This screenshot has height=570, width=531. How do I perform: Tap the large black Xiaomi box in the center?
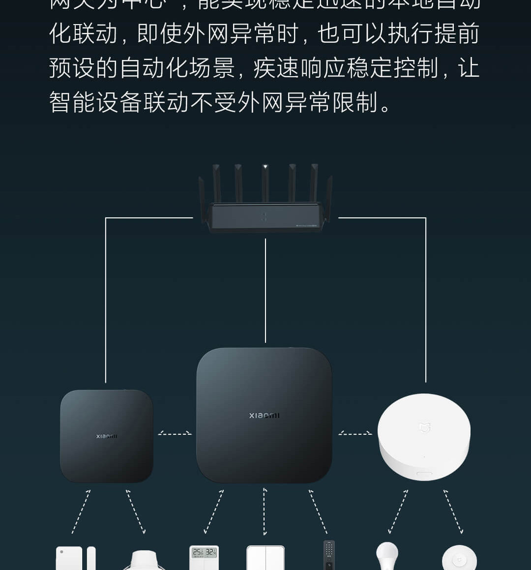click(264, 416)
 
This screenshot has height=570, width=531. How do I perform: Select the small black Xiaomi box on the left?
click(107, 436)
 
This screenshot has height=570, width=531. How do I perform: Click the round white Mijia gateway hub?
click(424, 437)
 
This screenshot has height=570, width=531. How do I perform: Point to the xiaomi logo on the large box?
click(264, 416)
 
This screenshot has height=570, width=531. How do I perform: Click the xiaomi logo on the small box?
click(107, 436)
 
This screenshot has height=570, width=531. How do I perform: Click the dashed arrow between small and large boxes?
click(175, 433)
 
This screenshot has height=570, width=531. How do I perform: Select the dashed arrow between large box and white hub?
click(355, 433)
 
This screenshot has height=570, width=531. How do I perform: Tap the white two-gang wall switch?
click(265, 558)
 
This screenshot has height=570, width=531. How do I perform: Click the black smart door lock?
click(329, 555)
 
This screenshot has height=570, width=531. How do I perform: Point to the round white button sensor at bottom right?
click(459, 559)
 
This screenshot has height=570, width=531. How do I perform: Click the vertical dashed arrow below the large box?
click(265, 511)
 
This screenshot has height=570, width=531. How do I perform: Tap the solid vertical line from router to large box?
click(265, 290)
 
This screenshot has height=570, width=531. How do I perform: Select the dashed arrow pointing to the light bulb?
click(398, 511)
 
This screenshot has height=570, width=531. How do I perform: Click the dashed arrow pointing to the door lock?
click(318, 511)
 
